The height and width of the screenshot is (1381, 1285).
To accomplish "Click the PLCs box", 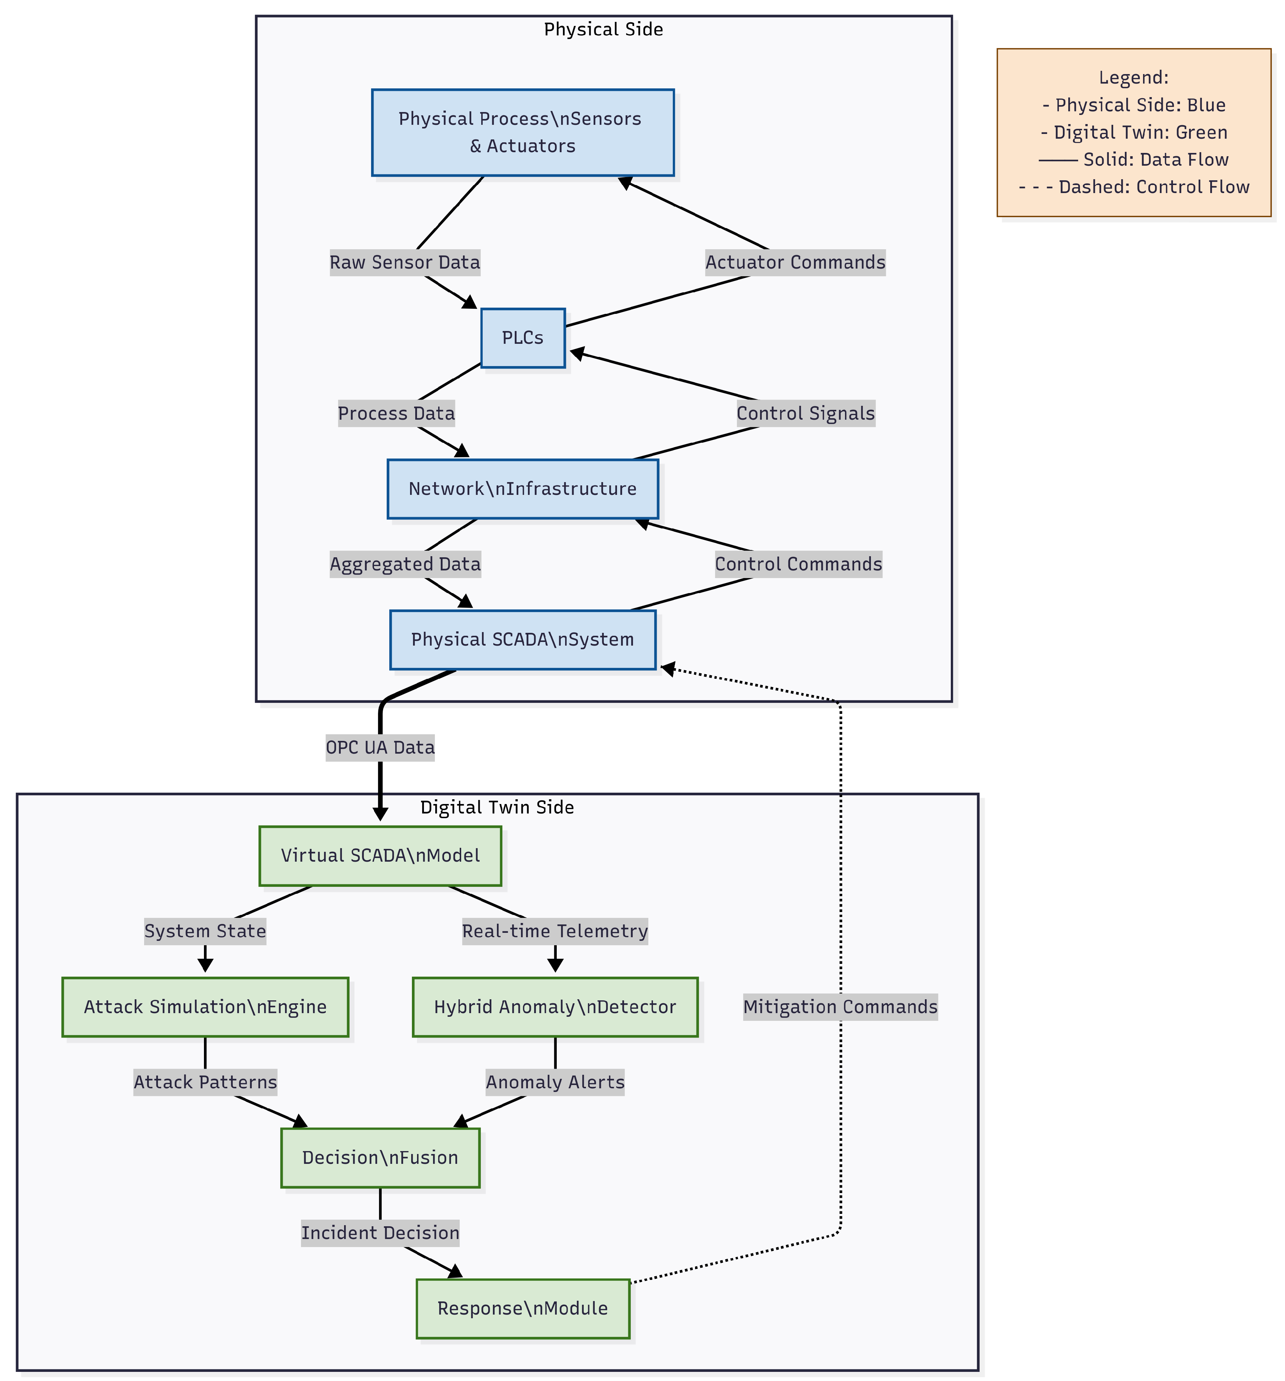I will click(x=522, y=338).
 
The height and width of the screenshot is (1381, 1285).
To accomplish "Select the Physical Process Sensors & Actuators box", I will click(x=522, y=132).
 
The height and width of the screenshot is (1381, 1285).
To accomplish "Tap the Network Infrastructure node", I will click(x=522, y=488).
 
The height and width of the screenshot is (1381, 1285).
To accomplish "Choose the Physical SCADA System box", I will click(x=522, y=639).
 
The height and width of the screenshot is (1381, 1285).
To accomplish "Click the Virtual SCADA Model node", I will click(x=380, y=855).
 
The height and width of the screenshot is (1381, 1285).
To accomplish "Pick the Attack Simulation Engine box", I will click(x=205, y=1007).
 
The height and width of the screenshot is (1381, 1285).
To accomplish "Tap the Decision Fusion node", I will click(x=380, y=1157).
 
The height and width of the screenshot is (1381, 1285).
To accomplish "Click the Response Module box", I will click(x=522, y=1308).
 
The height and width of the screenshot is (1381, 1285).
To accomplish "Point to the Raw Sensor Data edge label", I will click(x=404, y=262).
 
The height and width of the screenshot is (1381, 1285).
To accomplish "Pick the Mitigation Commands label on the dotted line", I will click(x=840, y=1007).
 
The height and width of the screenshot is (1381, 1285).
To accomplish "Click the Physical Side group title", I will click(x=603, y=29).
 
